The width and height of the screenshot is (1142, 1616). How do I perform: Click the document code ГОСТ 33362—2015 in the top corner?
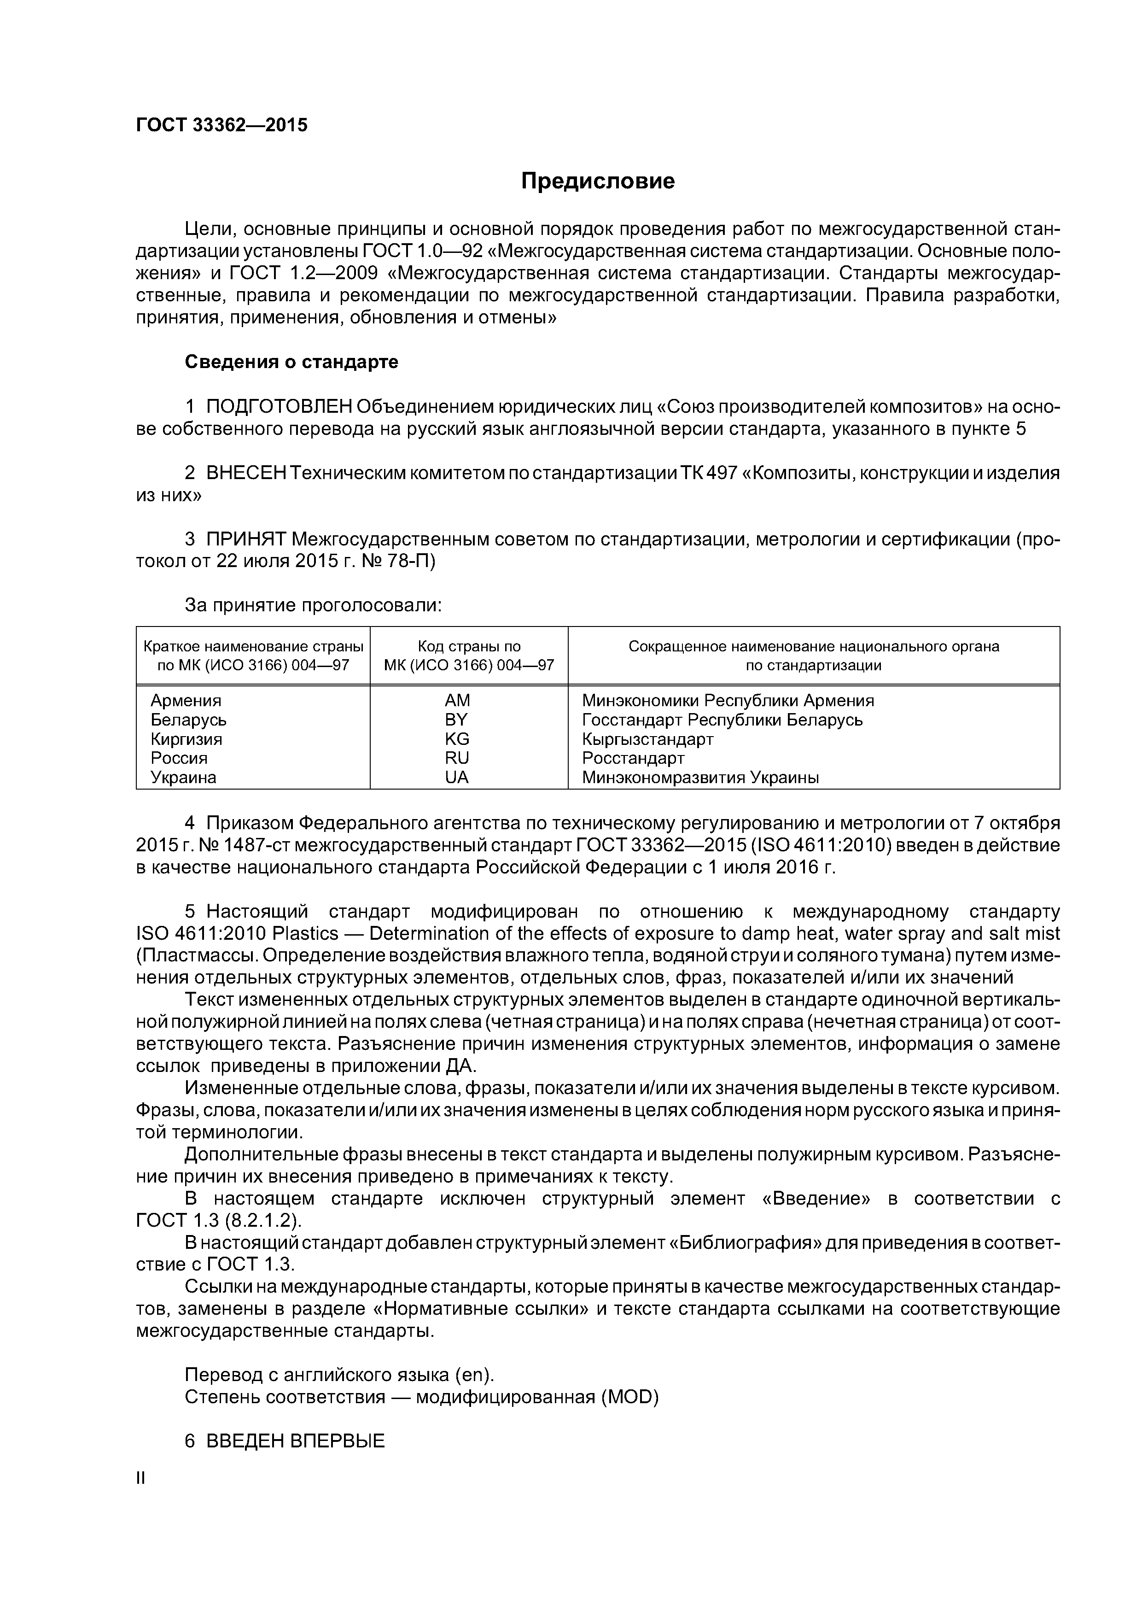click(x=221, y=125)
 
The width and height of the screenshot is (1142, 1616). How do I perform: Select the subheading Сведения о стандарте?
click(x=291, y=362)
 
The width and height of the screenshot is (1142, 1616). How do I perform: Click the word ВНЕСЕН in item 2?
click(x=246, y=473)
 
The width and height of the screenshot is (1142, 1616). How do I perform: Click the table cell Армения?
click(x=186, y=700)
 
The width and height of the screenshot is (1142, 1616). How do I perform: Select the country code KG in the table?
click(x=457, y=739)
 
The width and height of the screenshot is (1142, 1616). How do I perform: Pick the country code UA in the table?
click(x=457, y=778)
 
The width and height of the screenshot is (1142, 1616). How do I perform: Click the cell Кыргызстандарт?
click(x=647, y=739)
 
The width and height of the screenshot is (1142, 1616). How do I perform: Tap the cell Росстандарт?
click(x=633, y=758)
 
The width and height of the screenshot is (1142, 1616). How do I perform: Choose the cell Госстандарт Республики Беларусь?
click(x=722, y=720)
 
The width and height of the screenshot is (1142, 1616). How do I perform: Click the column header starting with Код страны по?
click(x=469, y=646)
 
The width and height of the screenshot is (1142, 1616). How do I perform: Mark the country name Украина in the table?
click(x=184, y=778)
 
